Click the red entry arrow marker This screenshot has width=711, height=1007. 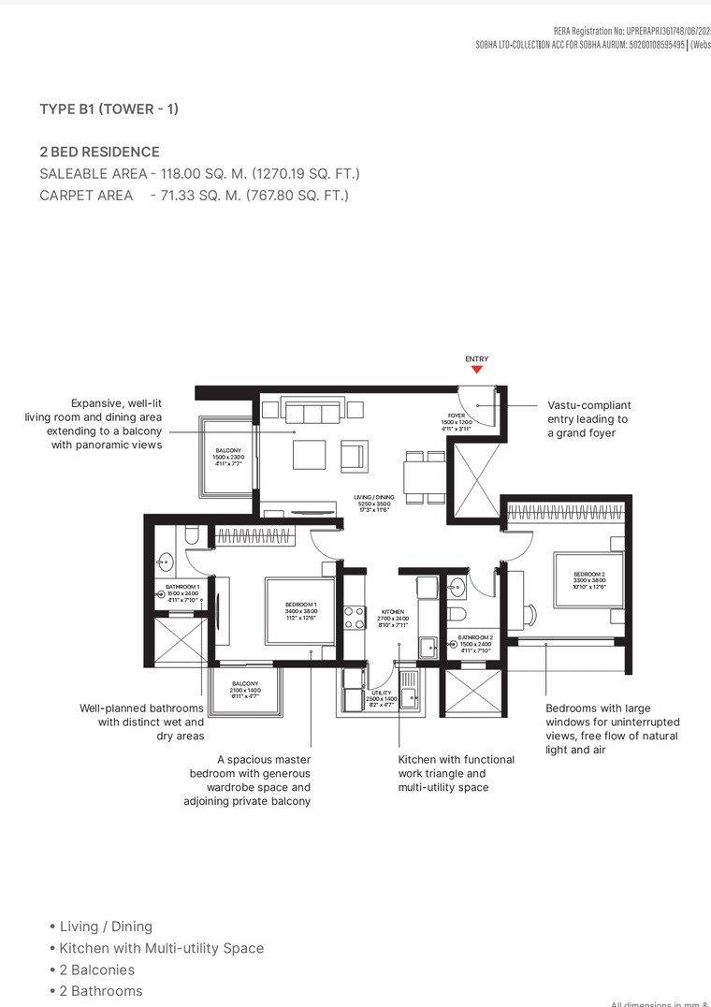(476, 370)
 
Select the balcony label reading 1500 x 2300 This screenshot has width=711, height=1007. (228, 457)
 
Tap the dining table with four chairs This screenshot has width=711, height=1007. (424, 476)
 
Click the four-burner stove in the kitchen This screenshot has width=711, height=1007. (355, 618)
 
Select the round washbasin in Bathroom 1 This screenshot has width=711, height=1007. (166, 563)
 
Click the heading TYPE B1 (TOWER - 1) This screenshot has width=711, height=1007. (109, 109)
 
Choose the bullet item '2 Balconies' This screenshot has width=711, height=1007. (96, 970)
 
